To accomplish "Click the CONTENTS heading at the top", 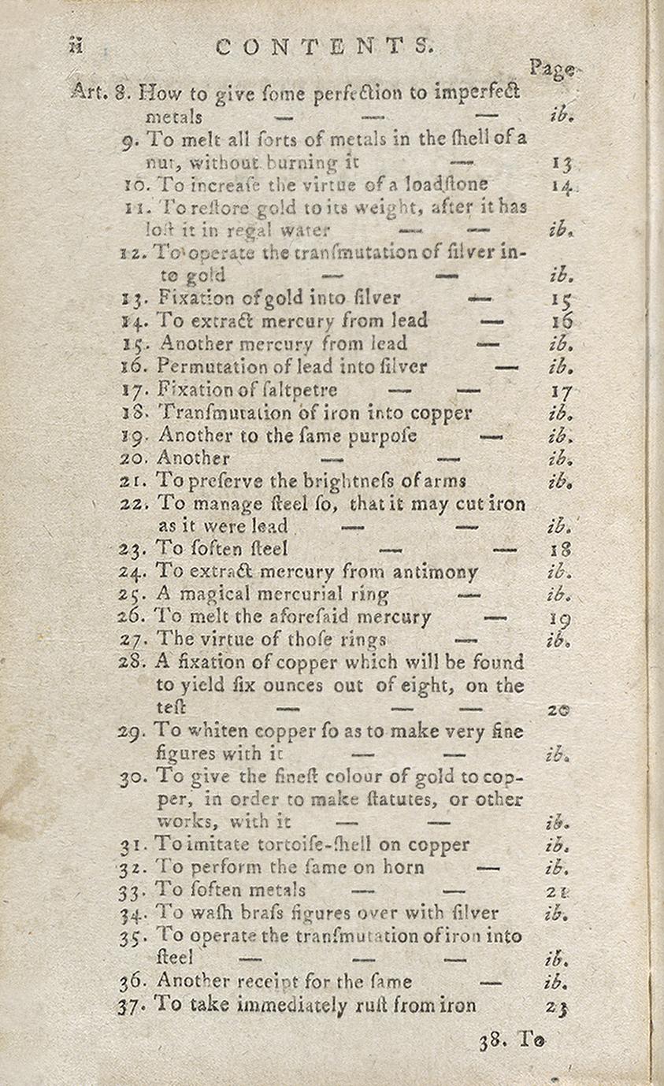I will (325, 46).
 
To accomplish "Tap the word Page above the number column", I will (551, 69).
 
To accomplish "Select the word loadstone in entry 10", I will (454, 184).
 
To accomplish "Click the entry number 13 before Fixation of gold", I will (133, 298).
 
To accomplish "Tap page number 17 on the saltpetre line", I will (562, 391).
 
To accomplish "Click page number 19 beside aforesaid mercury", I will (561, 618).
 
